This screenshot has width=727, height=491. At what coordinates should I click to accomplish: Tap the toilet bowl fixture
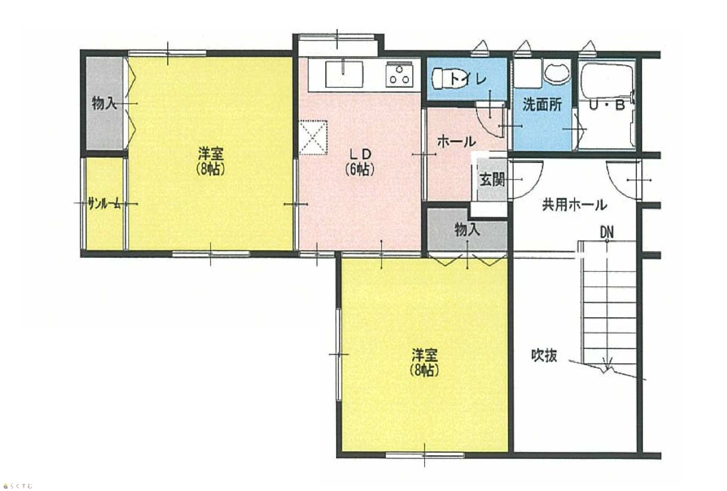tap(443, 79)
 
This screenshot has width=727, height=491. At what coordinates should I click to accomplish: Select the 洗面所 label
tap(542, 104)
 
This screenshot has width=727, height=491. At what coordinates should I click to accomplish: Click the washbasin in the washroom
tap(556, 74)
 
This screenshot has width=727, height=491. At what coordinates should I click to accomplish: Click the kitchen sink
tap(344, 74)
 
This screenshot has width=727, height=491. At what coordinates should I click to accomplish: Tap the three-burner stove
tap(399, 75)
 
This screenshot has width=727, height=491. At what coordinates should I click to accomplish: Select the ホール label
tap(456, 142)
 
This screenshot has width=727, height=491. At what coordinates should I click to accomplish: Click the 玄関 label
tap(492, 180)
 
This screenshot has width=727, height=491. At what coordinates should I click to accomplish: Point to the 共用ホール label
tap(574, 205)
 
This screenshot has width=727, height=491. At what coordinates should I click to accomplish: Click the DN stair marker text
tap(607, 232)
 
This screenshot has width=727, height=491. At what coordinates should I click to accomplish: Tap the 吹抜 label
tap(544, 355)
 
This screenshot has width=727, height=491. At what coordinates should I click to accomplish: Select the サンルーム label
tap(105, 204)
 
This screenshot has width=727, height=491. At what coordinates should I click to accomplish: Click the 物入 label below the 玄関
tap(467, 229)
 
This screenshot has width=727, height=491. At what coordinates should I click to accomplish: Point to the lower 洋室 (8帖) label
tap(425, 363)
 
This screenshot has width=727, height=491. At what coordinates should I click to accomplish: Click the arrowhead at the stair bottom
tap(607, 366)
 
